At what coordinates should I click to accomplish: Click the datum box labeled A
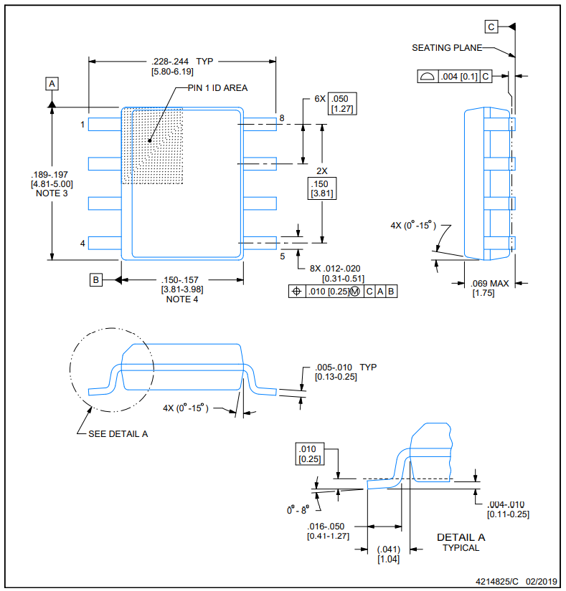click(x=52, y=83)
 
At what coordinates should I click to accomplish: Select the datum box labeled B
click(x=96, y=279)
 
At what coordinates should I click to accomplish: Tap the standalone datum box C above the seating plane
click(x=491, y=27)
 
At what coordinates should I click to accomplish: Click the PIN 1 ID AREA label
click(x=218, y=88)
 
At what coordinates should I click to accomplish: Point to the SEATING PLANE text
click(x=447, y=48)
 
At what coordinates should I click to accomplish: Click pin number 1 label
click(x=82, y=125)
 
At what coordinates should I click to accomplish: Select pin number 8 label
click(x=282, y=118)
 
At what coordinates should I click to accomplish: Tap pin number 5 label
click(x=282, y=256)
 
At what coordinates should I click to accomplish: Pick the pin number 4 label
click(x=82, y=244)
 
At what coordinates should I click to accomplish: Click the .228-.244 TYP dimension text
click(x=182, y=62)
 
